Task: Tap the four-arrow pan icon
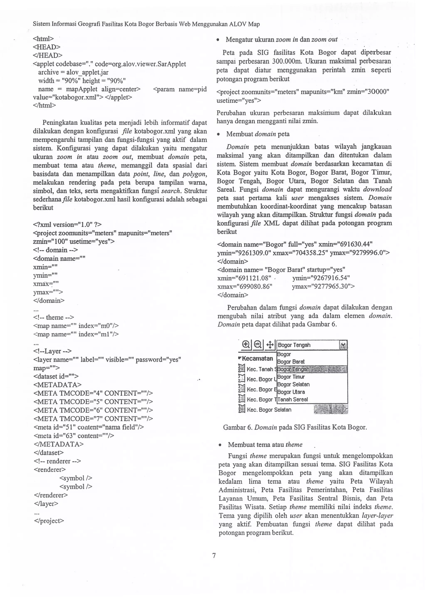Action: (x=270, y=344)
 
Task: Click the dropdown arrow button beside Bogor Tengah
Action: (x=343, y=345)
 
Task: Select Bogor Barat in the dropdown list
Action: (x=291, y=362)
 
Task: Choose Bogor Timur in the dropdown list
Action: (x=291, y=377)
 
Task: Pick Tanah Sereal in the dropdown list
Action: (x=292, y=400)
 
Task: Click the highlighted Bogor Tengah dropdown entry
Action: (x=293, y=369)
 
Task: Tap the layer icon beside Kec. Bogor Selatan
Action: (x=241, y=409)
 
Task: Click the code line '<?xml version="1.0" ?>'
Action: (x=67, y=225)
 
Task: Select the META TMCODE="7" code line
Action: (x=93, y=419)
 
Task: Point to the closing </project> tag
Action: (x=49, y=521)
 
